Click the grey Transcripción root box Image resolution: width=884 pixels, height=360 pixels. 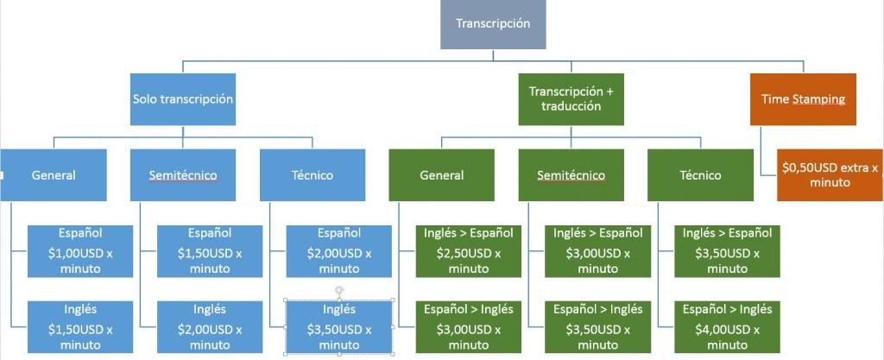tap(493, 24)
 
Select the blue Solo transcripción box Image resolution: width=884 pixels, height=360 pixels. tap(183, 99)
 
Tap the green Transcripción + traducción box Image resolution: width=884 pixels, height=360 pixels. tap(571, 99)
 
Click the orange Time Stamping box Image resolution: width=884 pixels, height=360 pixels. tap(803, 99)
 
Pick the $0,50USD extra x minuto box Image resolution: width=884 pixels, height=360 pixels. tap(830, 175)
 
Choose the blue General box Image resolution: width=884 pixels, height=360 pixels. tap(54, 175)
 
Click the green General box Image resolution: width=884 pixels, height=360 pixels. tap(441, 175)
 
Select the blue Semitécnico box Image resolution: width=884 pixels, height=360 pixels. tap(183, 175)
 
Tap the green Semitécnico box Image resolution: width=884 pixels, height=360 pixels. tap(571, 175)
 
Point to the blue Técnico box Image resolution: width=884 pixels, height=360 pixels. tap(312, 175)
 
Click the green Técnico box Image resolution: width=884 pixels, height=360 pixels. tap(700, 175)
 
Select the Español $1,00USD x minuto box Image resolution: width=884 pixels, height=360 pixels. tap(80, 251)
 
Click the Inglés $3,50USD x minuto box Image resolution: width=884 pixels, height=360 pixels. tap(339, 327)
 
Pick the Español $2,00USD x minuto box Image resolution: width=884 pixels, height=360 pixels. tap(339, 251)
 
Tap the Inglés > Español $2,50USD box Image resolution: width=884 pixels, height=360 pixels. tap(469, 251)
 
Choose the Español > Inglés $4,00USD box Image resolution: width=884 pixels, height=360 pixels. tap(727, 327)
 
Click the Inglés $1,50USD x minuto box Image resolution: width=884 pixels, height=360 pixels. tap(80, 327)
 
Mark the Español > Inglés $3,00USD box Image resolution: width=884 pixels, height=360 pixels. tap(469, 327)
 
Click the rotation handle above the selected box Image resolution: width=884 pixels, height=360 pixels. tap(339, 289)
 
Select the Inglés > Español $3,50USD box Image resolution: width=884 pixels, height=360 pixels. tap(727, 251)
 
